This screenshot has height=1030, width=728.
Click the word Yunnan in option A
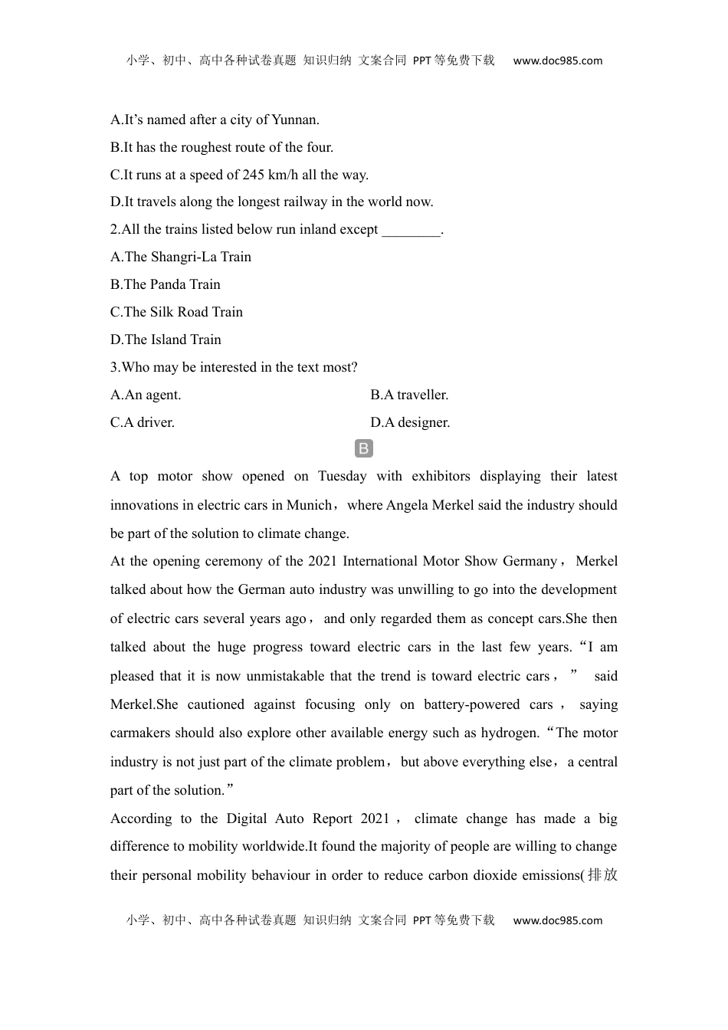[294, 120]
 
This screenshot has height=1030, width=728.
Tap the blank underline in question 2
[411, 230]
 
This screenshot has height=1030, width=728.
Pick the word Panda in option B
[168, 284]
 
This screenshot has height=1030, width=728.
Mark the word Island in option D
[169, 340]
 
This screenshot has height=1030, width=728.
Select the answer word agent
[163, 395]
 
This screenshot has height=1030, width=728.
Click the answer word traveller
[422, 395]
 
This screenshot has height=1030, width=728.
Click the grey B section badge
[364, 449]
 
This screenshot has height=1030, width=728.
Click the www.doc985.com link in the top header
[557, 61]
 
